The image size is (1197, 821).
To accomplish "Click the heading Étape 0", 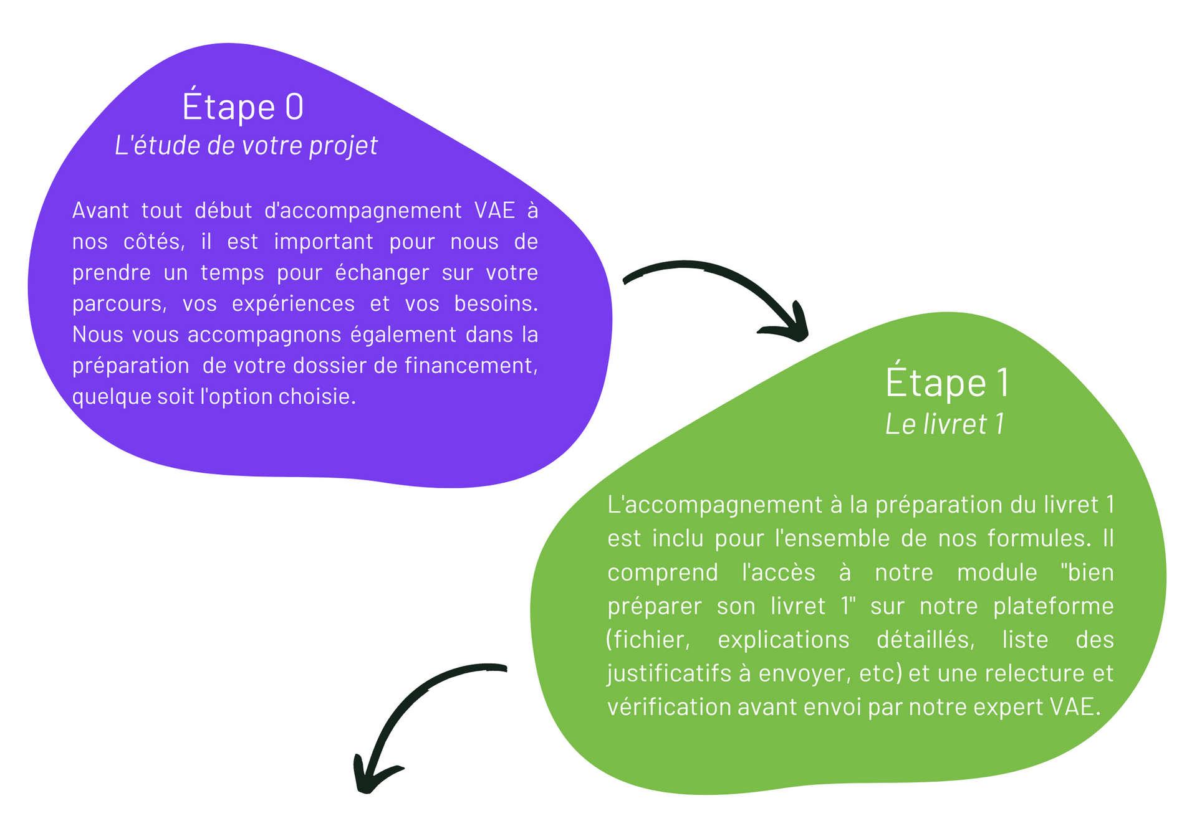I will coord(243,107).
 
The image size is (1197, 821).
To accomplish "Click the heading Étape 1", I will coord(946,382).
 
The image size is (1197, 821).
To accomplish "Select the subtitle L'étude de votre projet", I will coord(246,146).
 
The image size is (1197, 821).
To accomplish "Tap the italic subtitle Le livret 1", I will coord(945,424).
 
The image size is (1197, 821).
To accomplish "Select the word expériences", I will coord(293,304).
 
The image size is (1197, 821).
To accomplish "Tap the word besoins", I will coord(496,304).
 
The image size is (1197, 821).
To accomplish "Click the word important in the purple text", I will coord(324,242).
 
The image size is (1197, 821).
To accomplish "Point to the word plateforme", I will coord(1053,606).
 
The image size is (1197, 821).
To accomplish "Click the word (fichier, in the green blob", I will coord(648,640).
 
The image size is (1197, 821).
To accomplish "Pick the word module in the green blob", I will coord(997,572).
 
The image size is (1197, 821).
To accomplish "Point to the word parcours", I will coord(119,304).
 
